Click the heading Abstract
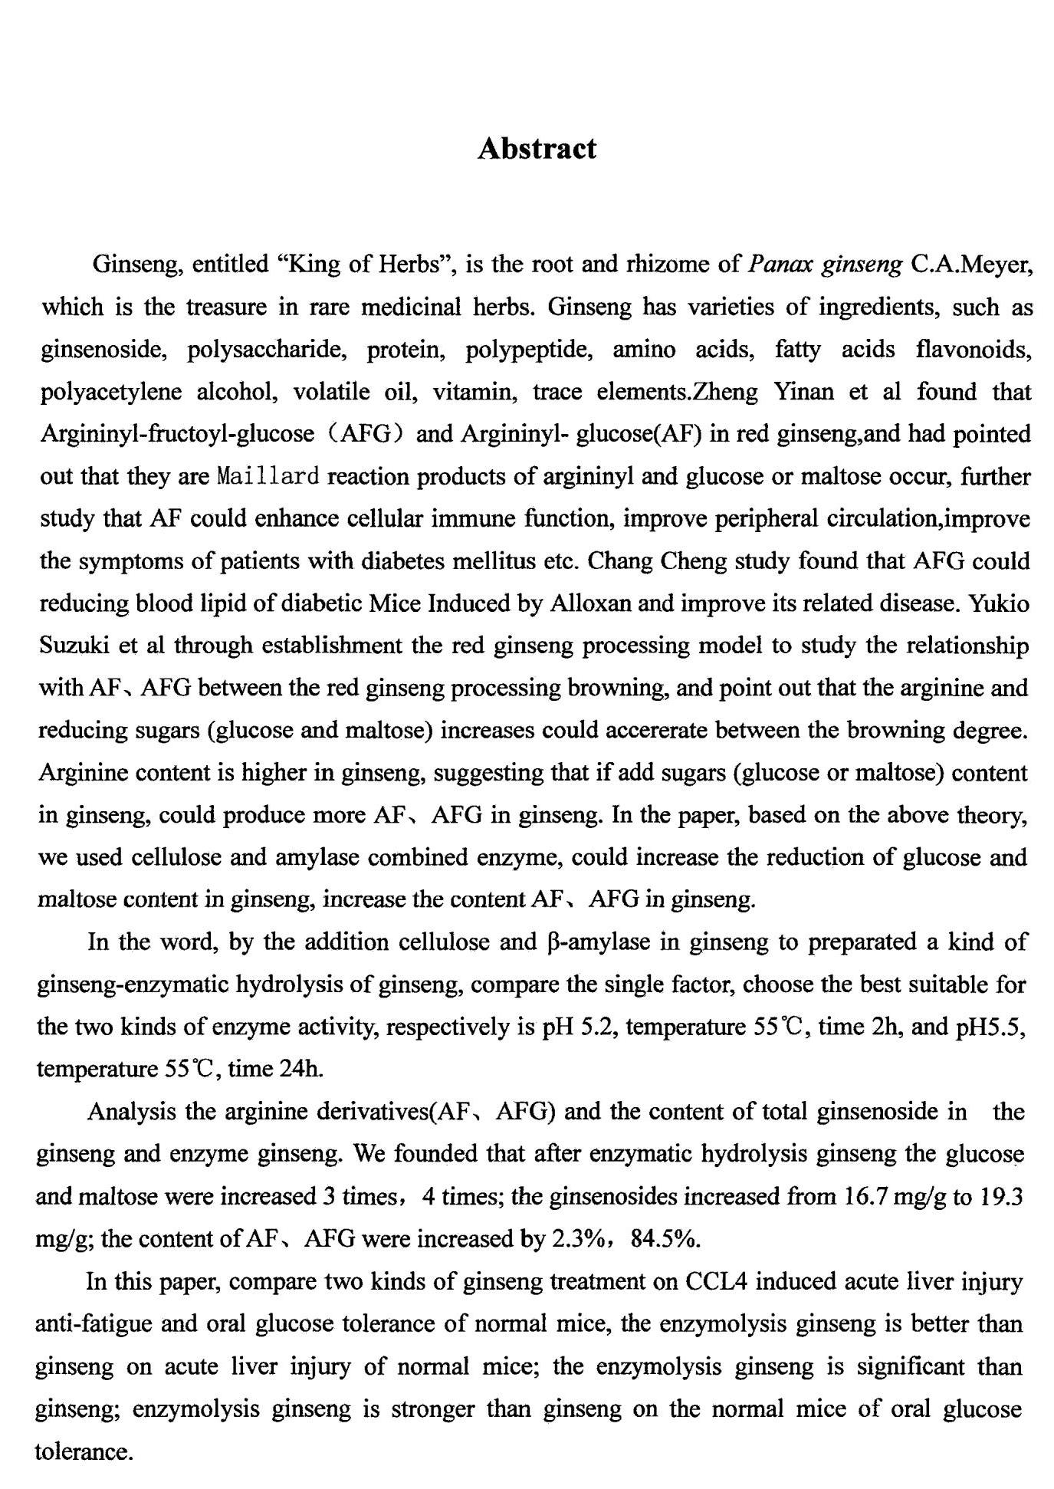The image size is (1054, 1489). click(x=536, y=149)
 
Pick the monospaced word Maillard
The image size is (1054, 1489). click(x=268, y=477)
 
